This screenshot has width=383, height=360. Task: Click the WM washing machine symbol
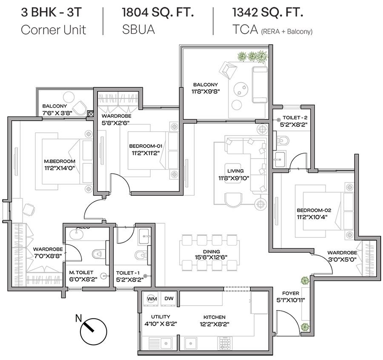coord(151,299)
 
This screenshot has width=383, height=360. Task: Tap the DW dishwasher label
coord(169,298)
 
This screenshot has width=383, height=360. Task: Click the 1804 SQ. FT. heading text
coord(157,12)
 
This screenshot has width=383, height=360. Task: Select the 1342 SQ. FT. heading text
coord(268,12)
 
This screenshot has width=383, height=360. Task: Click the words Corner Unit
coord(53,30)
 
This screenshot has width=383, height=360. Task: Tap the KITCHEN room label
coord(214,317)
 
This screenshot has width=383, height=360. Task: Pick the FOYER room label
coord(290,293)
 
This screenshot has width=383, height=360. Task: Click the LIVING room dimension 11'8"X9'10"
coord(234,178)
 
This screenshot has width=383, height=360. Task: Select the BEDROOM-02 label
coord(314,210)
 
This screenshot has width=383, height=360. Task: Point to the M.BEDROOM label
coord(60,161)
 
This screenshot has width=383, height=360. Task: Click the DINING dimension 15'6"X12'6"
coord(211,257)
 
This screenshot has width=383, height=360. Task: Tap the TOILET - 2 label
coord(295,117)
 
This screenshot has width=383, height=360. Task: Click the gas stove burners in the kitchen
coord(224,343)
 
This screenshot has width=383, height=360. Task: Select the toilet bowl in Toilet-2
coord(283,141)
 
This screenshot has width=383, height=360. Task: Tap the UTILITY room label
coord(160,317)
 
